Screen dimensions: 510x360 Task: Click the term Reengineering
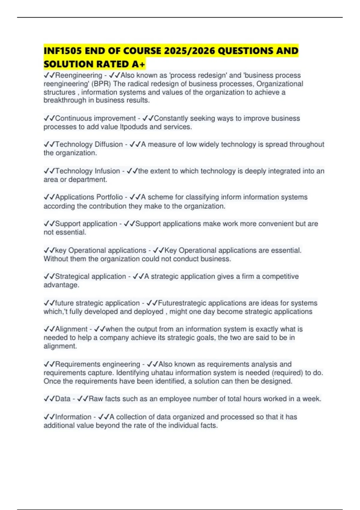click(x=79, y=75)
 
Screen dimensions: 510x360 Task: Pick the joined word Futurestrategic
click(x=182, y=303)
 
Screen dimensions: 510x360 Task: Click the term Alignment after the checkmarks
click(x=71, y=329)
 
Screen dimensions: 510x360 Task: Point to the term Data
click(x=63, y=399)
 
